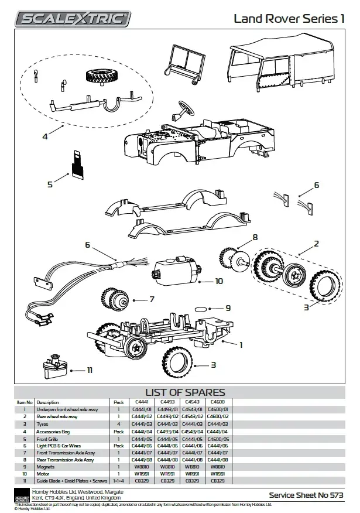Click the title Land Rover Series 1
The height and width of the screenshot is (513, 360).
pos(289,19)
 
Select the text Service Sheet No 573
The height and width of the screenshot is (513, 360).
pos(306,494)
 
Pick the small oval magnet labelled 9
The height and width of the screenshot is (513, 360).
pos(201,308)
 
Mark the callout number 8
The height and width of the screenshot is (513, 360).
pos(255,238)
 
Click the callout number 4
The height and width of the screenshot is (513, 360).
pos(44,136)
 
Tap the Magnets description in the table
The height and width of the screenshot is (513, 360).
pos(46,467)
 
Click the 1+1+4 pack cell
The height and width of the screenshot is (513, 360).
pos(119,480)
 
